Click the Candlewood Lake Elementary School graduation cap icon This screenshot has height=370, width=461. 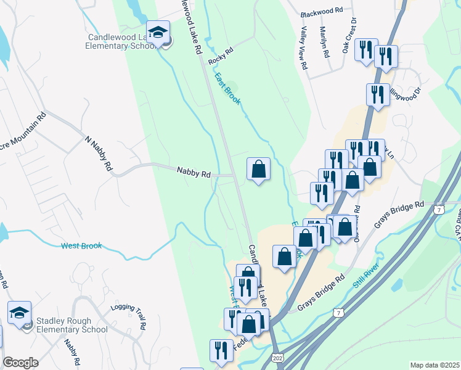158,32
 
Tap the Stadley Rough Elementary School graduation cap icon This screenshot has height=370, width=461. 19,312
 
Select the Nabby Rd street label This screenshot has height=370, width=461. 194,173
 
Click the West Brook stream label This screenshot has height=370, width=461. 81,246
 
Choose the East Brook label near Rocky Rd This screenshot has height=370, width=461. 227,89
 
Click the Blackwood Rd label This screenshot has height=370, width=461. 321,12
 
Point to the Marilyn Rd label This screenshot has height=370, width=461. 324,42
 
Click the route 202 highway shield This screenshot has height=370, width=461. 277,358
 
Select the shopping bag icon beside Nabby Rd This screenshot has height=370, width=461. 259,169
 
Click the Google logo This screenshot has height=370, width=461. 20,363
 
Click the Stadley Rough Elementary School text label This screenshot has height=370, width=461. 71,325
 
